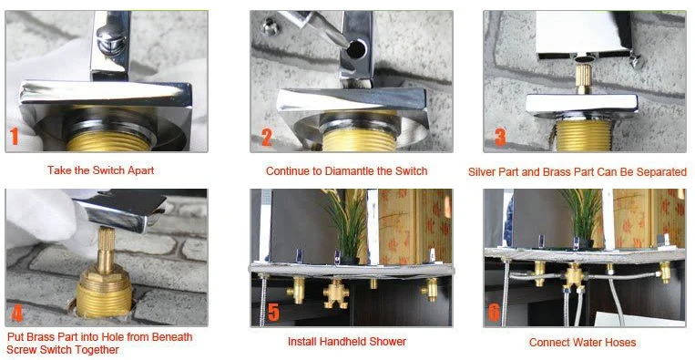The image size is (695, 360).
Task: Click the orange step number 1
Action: (15, 137)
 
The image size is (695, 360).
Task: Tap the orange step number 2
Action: (266, 138)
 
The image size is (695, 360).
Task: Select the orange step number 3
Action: (499, 138)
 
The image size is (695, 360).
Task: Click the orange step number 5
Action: (273, 312)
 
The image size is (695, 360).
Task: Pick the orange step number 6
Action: (494, 312)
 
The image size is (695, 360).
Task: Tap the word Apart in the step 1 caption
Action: (141, 170)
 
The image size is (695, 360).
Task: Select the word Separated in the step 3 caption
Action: (663, 172)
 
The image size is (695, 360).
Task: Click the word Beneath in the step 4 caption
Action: (173, 337)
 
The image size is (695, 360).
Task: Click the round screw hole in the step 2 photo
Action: (356, 49)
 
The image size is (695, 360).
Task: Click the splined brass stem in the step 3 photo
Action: (582, 78)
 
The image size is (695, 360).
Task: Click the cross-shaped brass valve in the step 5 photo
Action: (335, 293)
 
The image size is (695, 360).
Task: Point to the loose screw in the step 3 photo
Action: (637, 62)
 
